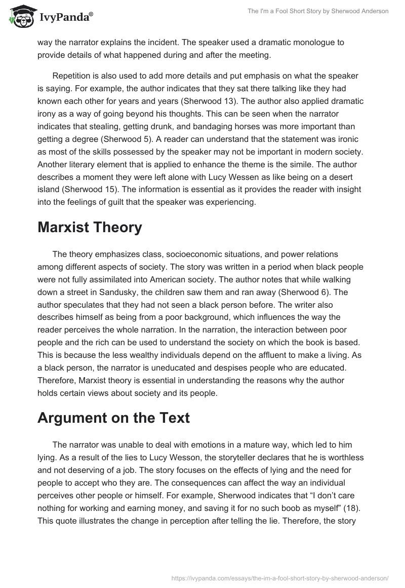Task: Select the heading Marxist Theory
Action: pos(90,228)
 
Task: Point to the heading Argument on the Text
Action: pos(113,419)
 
